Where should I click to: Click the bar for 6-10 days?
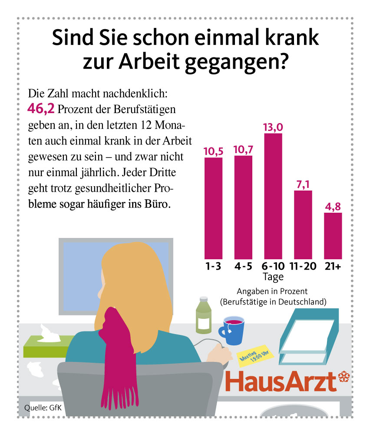click(273, 196)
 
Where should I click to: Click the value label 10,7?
click(243, 150)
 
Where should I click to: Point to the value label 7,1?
click(303, 184)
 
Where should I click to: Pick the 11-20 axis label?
click(303, 267)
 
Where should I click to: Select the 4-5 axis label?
click(243, 267)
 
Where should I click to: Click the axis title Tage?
click(273, 277)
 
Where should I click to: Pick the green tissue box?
click(46, 347)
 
